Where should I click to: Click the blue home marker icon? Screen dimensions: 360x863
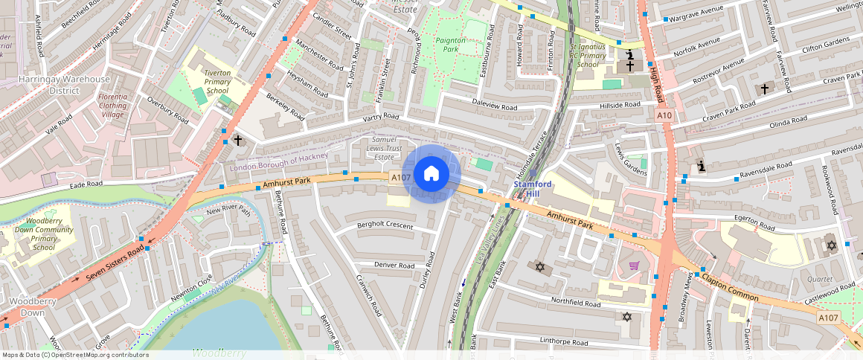(x=431, y=174)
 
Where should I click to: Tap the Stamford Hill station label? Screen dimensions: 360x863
(x=533, y=188)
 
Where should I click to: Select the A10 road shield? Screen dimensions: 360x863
(x=664, y=115)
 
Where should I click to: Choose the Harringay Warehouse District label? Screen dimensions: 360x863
(x=54, y=84)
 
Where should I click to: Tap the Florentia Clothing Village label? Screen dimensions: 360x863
(x=113, y=106)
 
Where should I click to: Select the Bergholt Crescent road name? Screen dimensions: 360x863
(x=385, y=225)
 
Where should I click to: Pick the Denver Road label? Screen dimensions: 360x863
(x=394, y=265)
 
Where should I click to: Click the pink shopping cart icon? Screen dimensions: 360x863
(x=634, y=266)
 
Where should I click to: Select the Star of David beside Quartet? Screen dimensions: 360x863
(x=831, y=245)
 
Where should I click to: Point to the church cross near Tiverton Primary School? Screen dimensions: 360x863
(x=238, y=139)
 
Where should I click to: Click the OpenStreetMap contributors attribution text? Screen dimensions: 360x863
(x=75, y=355)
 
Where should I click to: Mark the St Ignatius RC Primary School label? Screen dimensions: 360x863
(x=588, y=55)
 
